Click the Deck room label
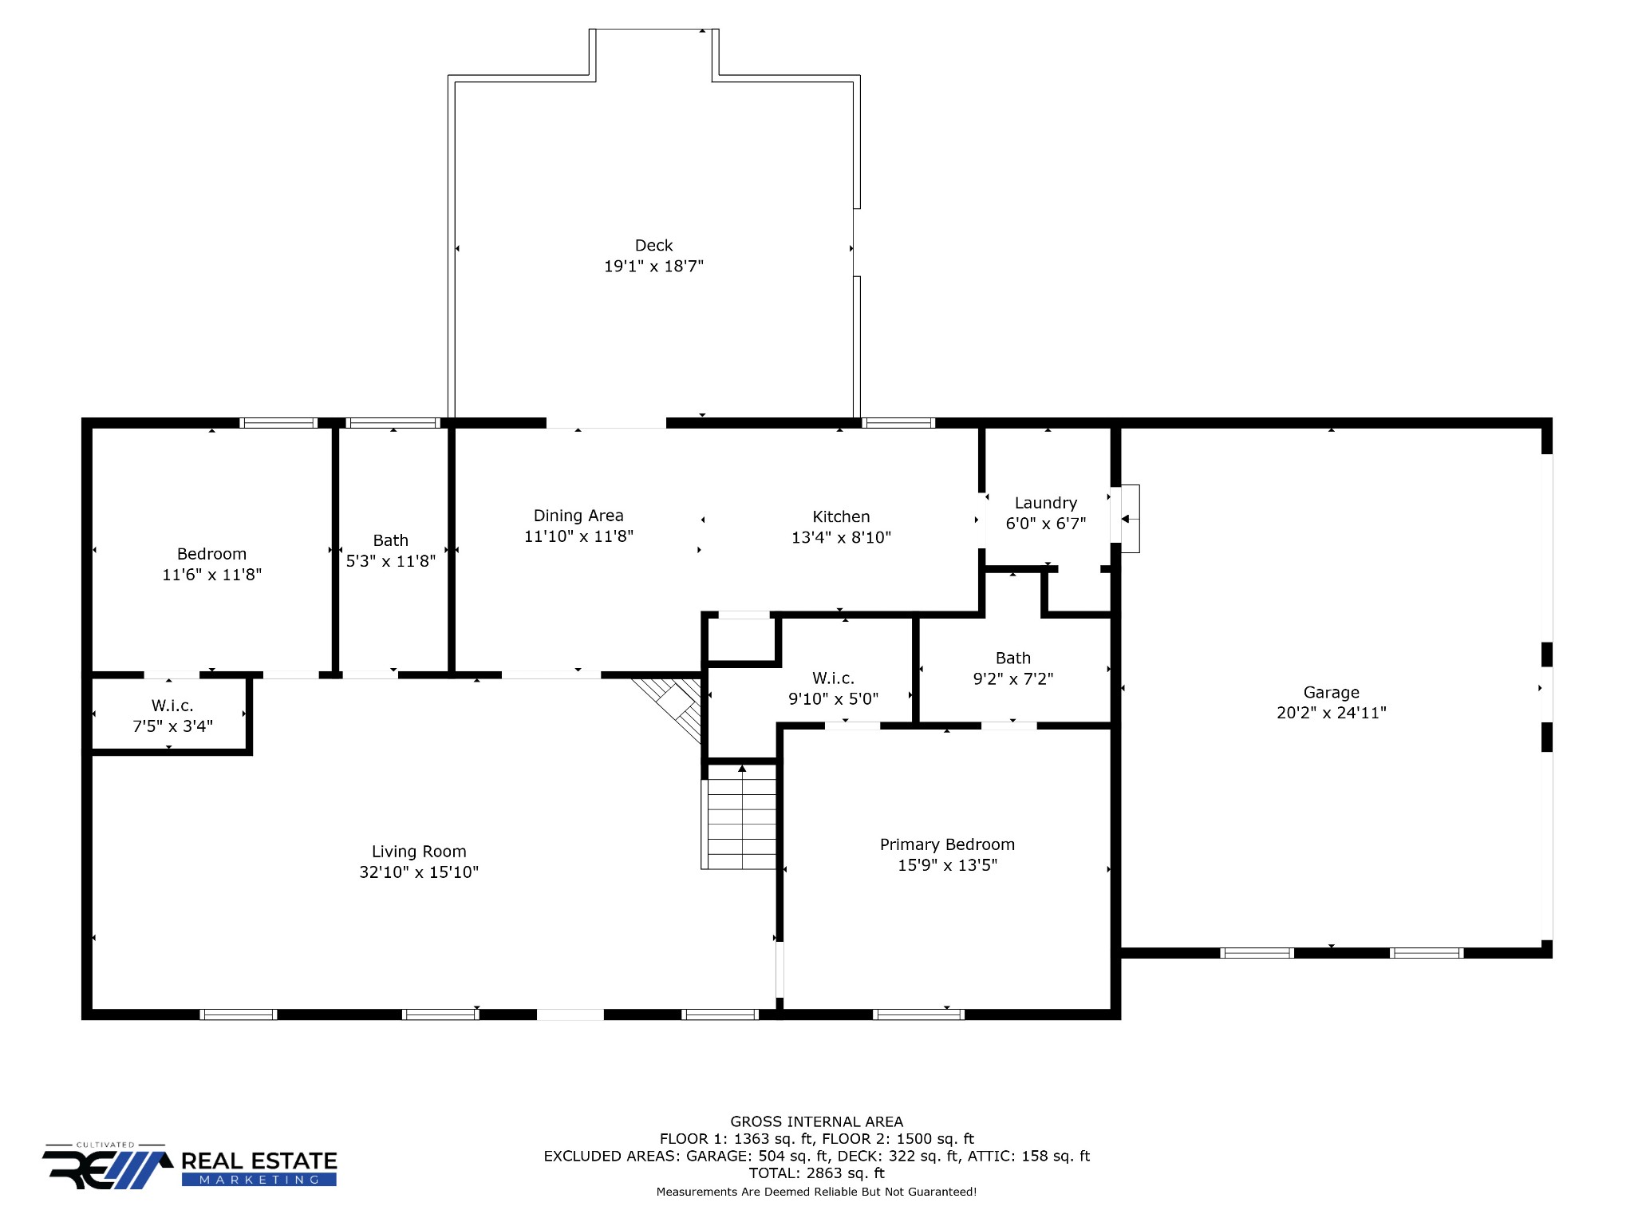(653, 246)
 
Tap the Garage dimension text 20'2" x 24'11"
(1332, 713)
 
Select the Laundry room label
(1046, 503)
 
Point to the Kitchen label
(841, 516)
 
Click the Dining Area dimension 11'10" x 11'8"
(578, 536)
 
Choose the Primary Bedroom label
(947, 844)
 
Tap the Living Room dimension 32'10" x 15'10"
(419, 872)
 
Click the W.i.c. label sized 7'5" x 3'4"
(172, 706)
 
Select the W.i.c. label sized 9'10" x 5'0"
(833, 678)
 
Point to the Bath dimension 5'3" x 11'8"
(391, 561)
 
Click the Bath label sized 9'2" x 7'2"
(1013, 658)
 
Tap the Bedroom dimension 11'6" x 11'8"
(212, 575)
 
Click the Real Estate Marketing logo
(190, 1166)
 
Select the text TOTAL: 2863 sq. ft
(816, 1173)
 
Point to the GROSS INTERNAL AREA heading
(816, 1121)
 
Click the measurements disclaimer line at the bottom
(816, 1192)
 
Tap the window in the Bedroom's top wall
(278, 423)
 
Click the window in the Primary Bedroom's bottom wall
(918, 1014)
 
